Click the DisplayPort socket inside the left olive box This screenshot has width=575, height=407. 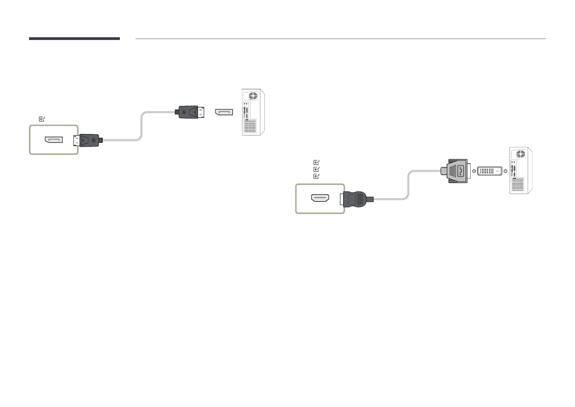pyautogui.click(x=54, y=140)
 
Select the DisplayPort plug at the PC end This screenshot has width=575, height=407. pyautogui.click(x=190, y=112)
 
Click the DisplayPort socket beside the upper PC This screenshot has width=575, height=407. pyautogui.click(x=224, y=112)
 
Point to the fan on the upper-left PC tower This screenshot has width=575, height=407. pyautogui.click(x=253, y=95)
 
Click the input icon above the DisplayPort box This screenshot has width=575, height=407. pyautogui.click(x=42, y=119)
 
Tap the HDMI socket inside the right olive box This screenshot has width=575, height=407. pyautogui.click(x=320, y=199)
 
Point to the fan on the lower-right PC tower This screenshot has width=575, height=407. pyautogui.click(x=520, y=153)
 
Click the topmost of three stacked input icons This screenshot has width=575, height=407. pyautogui.click(x=316, y=162)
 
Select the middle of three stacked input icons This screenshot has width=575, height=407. pyautogui.click(x=316, y=169)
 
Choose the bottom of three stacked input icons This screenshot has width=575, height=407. pyautogui.click(x=316, y=176)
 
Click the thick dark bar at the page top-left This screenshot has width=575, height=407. pyautogui.click(x=74, y=39)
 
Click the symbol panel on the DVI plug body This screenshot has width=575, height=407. pyautogui.click(x=461, y=170)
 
